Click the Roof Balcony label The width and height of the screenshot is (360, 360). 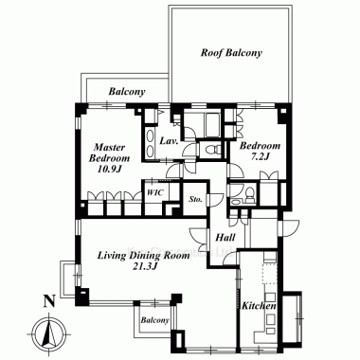pyautogui.click(x=231, y=53)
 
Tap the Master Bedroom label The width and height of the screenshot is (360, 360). pyautogui.click(x=109, y=153)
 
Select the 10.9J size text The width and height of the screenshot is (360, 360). pyautogui.click(x=109, y=170)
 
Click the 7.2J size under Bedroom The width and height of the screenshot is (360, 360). pyautogui.click(x=260, y=156)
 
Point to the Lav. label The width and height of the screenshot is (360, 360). pyautogui.click(x=169, y=141)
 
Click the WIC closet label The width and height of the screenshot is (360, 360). pyautogui.click(x=155, y=192)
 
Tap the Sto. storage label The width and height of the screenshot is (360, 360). pyautogui.click(x=195, y=199)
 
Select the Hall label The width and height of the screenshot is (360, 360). pyautogui.click(x=225, y=237)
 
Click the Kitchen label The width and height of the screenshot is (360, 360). pyautogui.click(x=259, y=306)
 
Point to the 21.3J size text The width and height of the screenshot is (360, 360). pyautogui.click(x=145, y=267)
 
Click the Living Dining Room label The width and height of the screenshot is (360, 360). pyautogui.click(x=143, y=256)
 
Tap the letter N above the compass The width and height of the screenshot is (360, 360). pyautogui.click(x=48, y=301)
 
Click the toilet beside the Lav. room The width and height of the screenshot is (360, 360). pyautogui.click(x=210, y=148)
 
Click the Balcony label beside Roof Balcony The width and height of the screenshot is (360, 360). pyautogui.click(x=127, y=92)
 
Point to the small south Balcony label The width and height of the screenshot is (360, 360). pyautogui.click(x=154, y=320)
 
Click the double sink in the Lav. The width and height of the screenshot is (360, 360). pyautogui.click(x=150, y=142)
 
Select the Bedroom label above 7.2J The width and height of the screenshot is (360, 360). pyautogui.click(x=260, y=146)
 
